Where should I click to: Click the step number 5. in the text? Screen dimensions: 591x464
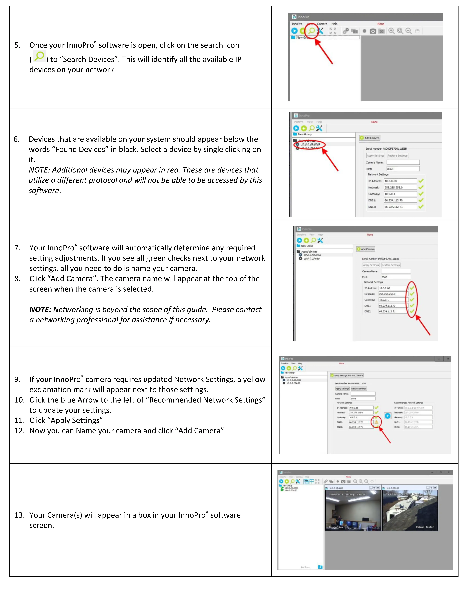click(x=17, y=45)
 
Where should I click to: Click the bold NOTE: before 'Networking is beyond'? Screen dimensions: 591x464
click(x=40, y=309)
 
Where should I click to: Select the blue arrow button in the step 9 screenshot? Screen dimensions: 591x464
click(x=388, y=416)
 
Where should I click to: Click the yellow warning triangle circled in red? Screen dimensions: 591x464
click(x=376, y=422)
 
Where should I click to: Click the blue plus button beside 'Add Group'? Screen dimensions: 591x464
click(x=320, y=567)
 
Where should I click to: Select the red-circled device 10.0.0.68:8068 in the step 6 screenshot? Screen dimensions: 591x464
click(x=310, y=144)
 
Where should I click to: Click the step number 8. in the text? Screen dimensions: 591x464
click(x=17, y=279)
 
